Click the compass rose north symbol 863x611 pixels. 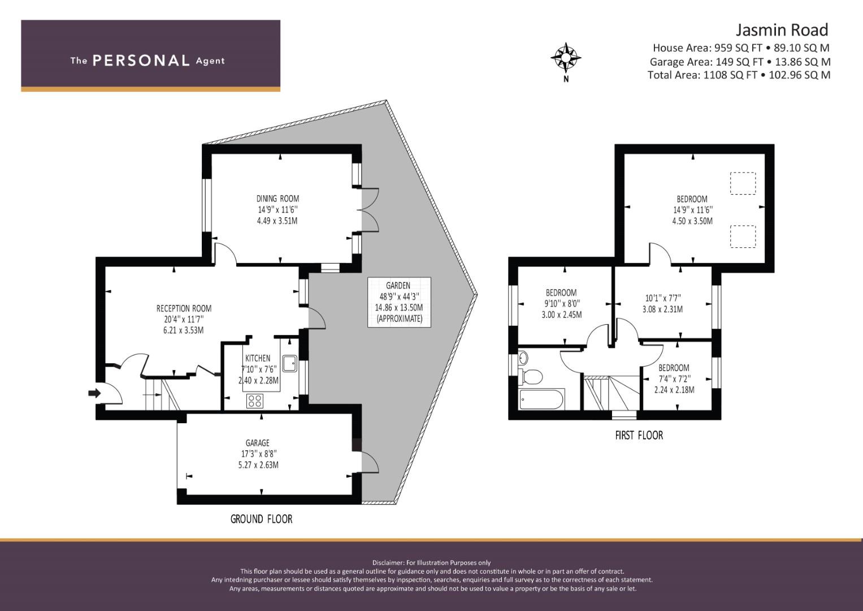[x=566, y=58]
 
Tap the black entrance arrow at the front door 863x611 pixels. [x=94, y=393]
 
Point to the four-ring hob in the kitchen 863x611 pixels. [x=255, y=401]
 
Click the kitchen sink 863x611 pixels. [x=289, y=363]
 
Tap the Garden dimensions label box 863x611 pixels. [x=399, y=302]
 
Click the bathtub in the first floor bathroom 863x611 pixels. [x=541, y=399]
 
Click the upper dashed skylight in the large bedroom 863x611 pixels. [x=743, y=183]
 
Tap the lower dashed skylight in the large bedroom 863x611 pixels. [x=743, y=236]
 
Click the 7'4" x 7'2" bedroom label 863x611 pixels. [x=674, y=378]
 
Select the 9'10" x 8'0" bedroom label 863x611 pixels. [x=561, y=304]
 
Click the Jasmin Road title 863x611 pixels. [x=782, y=29]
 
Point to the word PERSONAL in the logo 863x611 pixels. [x=141, y=61]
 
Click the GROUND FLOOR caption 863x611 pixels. [x=261, y=519]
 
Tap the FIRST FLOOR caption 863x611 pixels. [x=639, y=436]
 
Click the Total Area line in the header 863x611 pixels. [x=739, y=75]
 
